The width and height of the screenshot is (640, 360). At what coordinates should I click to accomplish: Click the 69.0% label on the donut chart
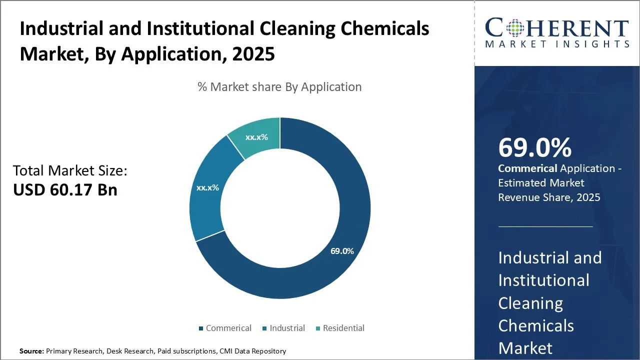click(x=342, y=251)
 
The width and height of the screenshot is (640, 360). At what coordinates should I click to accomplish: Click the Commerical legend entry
click(x=225, y=328)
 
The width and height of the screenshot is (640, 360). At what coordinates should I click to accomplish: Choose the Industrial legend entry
click(x=283, y=328)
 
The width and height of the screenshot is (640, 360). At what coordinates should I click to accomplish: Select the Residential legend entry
click(x=340, y=328)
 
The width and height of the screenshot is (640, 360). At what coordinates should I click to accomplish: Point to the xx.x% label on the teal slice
click(x=256, y=137)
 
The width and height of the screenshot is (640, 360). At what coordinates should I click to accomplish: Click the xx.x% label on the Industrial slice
click(x=207, y=187)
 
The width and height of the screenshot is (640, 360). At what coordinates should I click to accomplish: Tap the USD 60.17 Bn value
click(x=65, y=189)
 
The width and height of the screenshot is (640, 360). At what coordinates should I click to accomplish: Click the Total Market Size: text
click(x=70, y=170)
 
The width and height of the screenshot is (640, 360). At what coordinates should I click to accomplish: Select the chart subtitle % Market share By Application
click(x=279, y=87)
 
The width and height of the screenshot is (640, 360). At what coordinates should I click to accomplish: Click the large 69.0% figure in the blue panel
click(x=535, y=147)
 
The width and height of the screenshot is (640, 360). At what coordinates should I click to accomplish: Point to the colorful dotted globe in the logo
click(x=515, y=28)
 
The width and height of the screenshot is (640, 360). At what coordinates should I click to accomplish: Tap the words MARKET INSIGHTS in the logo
click(x=557, y=44)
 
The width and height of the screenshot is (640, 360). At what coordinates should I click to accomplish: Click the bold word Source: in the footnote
click(x=31, y=351)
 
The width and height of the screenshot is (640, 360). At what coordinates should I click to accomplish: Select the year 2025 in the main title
click(x=253, y=53)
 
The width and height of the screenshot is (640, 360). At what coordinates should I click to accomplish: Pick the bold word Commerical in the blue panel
click(x=527, y=168)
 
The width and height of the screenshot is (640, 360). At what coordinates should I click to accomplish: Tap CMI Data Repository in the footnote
click(x=252, y=351)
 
